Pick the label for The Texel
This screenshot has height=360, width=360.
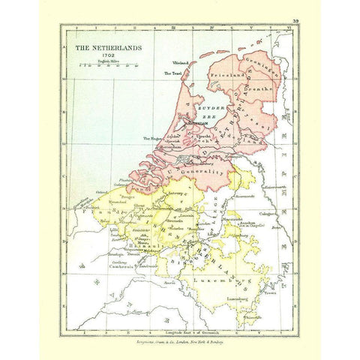pyautogui.click(x=172, y=73)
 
